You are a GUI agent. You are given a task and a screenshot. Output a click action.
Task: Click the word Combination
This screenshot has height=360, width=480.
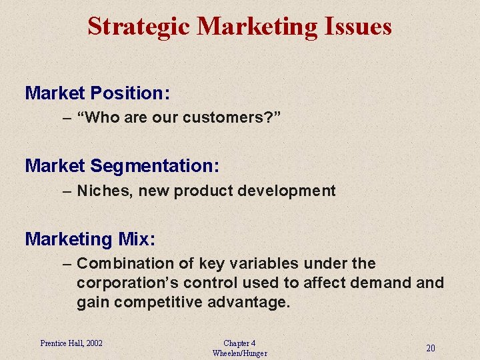click(119, 263)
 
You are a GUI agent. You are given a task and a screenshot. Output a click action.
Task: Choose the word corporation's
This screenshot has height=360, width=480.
click(127, 283)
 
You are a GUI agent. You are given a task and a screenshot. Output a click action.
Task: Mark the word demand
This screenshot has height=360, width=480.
click(379, 283)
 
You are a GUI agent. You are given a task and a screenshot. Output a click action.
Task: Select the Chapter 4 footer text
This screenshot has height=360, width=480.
click(239, 343)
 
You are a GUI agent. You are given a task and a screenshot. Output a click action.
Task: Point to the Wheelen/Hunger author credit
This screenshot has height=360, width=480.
click(239, 353)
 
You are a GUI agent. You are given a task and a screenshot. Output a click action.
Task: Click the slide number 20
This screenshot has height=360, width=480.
click(431, 348)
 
